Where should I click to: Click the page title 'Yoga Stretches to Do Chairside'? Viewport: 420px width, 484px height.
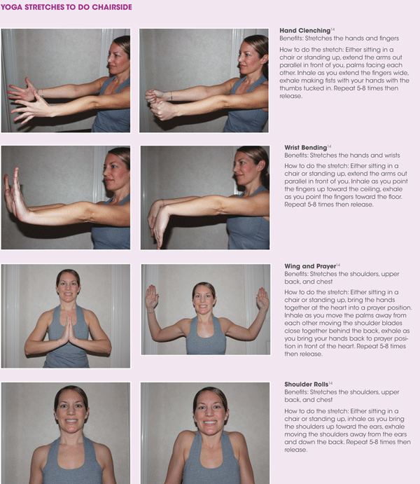click(66, 7)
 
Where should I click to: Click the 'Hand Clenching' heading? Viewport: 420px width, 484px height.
click(305, 30)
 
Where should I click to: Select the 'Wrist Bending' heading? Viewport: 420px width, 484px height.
click(306, 147)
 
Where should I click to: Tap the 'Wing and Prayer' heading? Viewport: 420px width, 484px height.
click(310, 265)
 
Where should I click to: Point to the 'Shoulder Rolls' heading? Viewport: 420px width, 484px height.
click(306, 384)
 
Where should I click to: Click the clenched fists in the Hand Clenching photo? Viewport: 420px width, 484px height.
click(158, 104)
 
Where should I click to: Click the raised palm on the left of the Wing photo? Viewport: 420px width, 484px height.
click(151, 297)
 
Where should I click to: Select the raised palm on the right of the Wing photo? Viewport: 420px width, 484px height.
click(262, 298)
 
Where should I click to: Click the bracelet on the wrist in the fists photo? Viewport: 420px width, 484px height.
click(171, 96)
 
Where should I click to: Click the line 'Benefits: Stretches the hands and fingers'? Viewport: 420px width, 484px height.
click(339, 39)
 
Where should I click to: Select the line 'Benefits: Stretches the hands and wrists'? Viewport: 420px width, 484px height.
click(342, 155)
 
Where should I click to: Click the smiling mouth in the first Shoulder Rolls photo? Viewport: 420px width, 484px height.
click(71, 421)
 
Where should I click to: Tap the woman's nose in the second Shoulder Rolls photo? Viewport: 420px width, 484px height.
click(210, 413)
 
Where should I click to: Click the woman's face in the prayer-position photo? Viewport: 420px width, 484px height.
click(68, 286)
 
